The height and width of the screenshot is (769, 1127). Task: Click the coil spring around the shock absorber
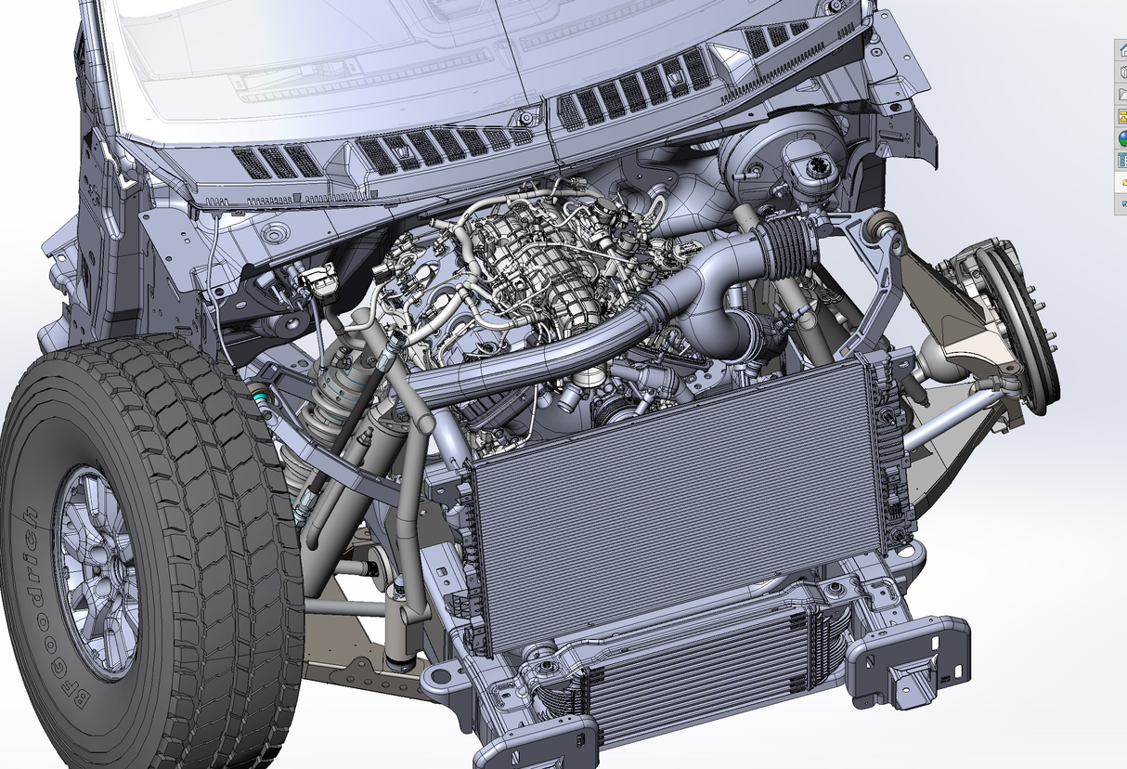pos(328,403)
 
